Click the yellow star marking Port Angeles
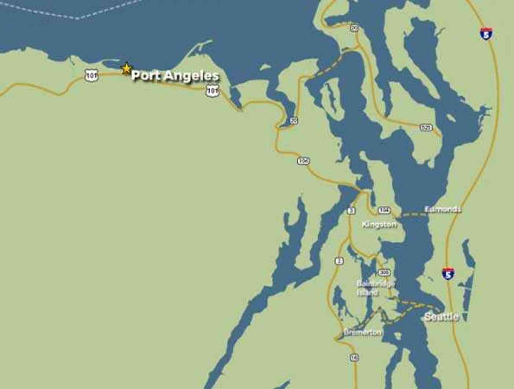(x=126, y=68)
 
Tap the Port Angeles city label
(x=175, y=76)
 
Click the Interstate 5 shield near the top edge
(x=486, y=34)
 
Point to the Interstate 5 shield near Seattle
(x=448, y=274)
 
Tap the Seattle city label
(x=441, y=317)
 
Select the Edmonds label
(x=443, y=209)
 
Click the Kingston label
(x=379, y=224)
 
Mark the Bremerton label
(x=363, y=332)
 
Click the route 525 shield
(x=426, y=127)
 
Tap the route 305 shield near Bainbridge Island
(x=384, y=273)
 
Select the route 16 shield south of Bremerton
(x=354, y=357)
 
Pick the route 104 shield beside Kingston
(x=384, y=210)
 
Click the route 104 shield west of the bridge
(x=303, y=161)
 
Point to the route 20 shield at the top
(x=354, y=28)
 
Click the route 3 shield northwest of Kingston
(x=351, y=211)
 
